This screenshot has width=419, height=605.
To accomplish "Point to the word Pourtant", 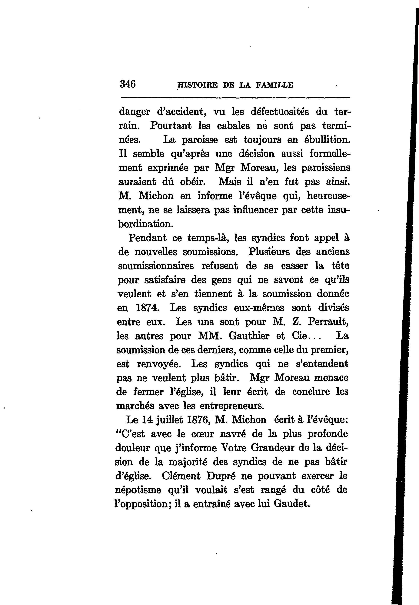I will pos(171,126).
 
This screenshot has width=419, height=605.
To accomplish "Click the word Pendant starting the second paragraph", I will pos(147,238).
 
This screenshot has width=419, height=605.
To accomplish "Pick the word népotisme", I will pos(138,490).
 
